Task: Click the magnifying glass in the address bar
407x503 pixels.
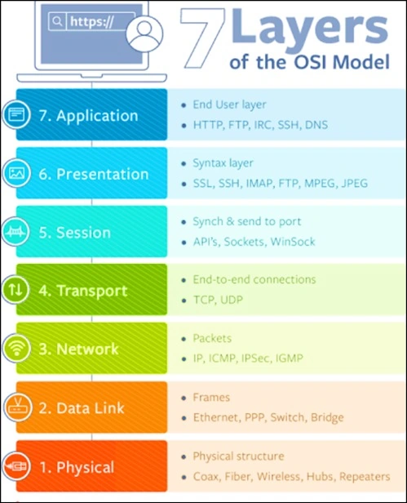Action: [x=57, y=21]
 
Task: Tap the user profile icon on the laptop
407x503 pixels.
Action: [x=144, y=33]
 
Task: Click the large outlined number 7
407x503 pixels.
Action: [x=202, y=38]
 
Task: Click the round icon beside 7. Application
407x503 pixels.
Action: [x=16, y=114]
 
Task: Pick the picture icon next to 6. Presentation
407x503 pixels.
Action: [x=16, y=173]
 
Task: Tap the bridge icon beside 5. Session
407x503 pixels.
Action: [x=15, y=232]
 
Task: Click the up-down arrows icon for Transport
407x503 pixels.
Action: [x=15, y=290]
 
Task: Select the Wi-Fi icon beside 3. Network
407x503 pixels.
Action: [x=16, y=349]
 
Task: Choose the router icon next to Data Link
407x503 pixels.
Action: [x=18, y=407]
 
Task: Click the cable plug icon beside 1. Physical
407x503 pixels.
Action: [x=16, y=465]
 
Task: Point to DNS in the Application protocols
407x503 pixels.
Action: [x=316, y=125]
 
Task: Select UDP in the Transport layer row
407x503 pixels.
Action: [x=232, y=300]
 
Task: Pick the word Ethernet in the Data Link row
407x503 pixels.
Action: [x=217, y=417]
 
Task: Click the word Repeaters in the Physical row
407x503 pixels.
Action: [x=365, y=476]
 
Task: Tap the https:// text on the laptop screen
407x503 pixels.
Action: [x=91, y=21]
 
